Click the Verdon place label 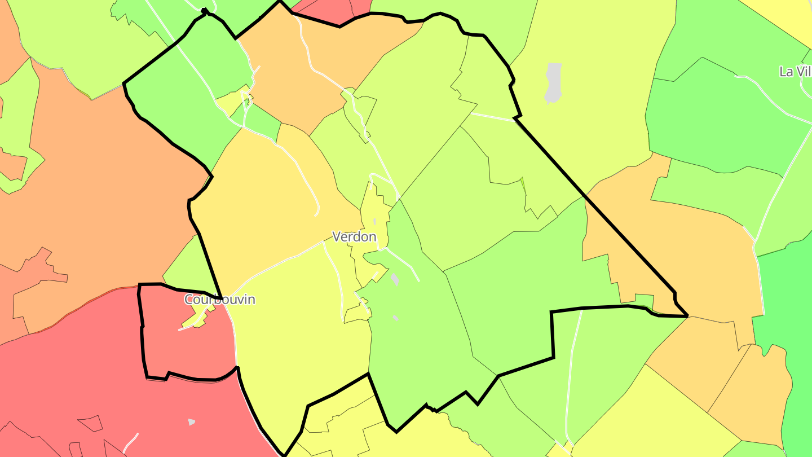354,236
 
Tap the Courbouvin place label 220,300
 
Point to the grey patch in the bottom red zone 191,421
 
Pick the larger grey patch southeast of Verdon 395,279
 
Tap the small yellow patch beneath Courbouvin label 195,321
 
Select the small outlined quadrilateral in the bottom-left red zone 90,423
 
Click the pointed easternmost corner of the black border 687,316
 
